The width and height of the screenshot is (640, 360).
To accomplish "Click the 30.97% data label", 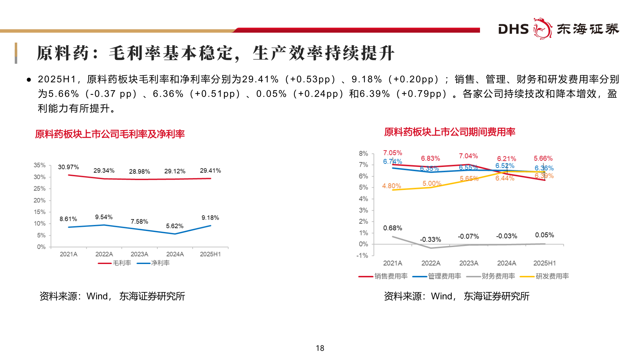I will point(68,167).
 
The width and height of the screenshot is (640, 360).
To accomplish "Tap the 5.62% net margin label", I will point(175,226).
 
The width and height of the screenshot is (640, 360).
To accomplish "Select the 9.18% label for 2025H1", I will point(210,218).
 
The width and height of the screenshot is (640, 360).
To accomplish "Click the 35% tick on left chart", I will point(39,165).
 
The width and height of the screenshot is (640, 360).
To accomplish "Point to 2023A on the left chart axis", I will point(139,254).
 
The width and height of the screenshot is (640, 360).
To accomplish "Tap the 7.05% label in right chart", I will point(392,153).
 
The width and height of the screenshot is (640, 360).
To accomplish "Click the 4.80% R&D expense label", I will point(391,186).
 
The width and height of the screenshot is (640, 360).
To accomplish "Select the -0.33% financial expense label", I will point(430,239).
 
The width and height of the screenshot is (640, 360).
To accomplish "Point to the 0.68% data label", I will point(392,228).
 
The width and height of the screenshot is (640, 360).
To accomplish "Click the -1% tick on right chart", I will point(362,256).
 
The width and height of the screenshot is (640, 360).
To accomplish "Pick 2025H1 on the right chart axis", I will point(544,263).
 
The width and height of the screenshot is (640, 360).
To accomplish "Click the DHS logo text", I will point(513,29).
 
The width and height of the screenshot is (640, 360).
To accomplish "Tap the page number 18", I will point(320,348).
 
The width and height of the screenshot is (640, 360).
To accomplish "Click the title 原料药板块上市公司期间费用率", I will point(449,132).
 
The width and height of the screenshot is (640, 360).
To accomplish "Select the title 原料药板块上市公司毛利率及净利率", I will point(110,134).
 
